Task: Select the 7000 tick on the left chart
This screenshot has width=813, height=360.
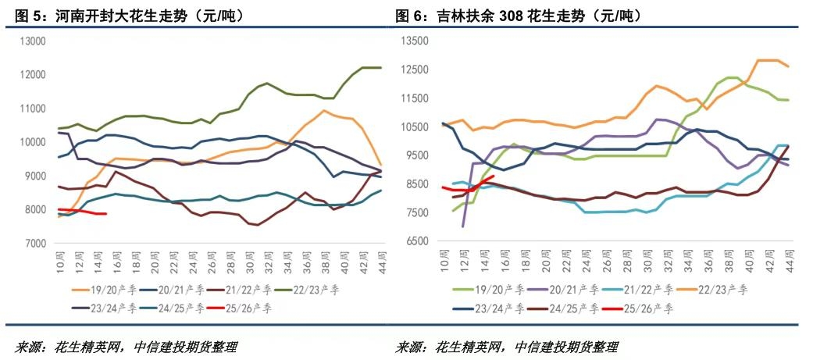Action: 34,244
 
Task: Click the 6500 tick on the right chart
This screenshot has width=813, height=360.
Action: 416,242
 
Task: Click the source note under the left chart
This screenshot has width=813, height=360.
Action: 125,347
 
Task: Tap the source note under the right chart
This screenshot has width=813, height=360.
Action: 507,347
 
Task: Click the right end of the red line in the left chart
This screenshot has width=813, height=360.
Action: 105,214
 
